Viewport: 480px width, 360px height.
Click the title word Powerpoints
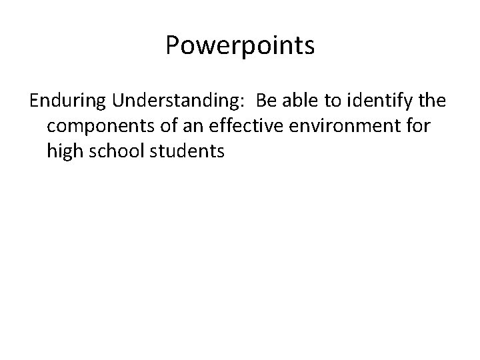[x=240, y=47]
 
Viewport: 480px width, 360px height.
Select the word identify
[x=384, y=101]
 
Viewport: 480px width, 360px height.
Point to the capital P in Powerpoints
[x=173, y=47]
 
